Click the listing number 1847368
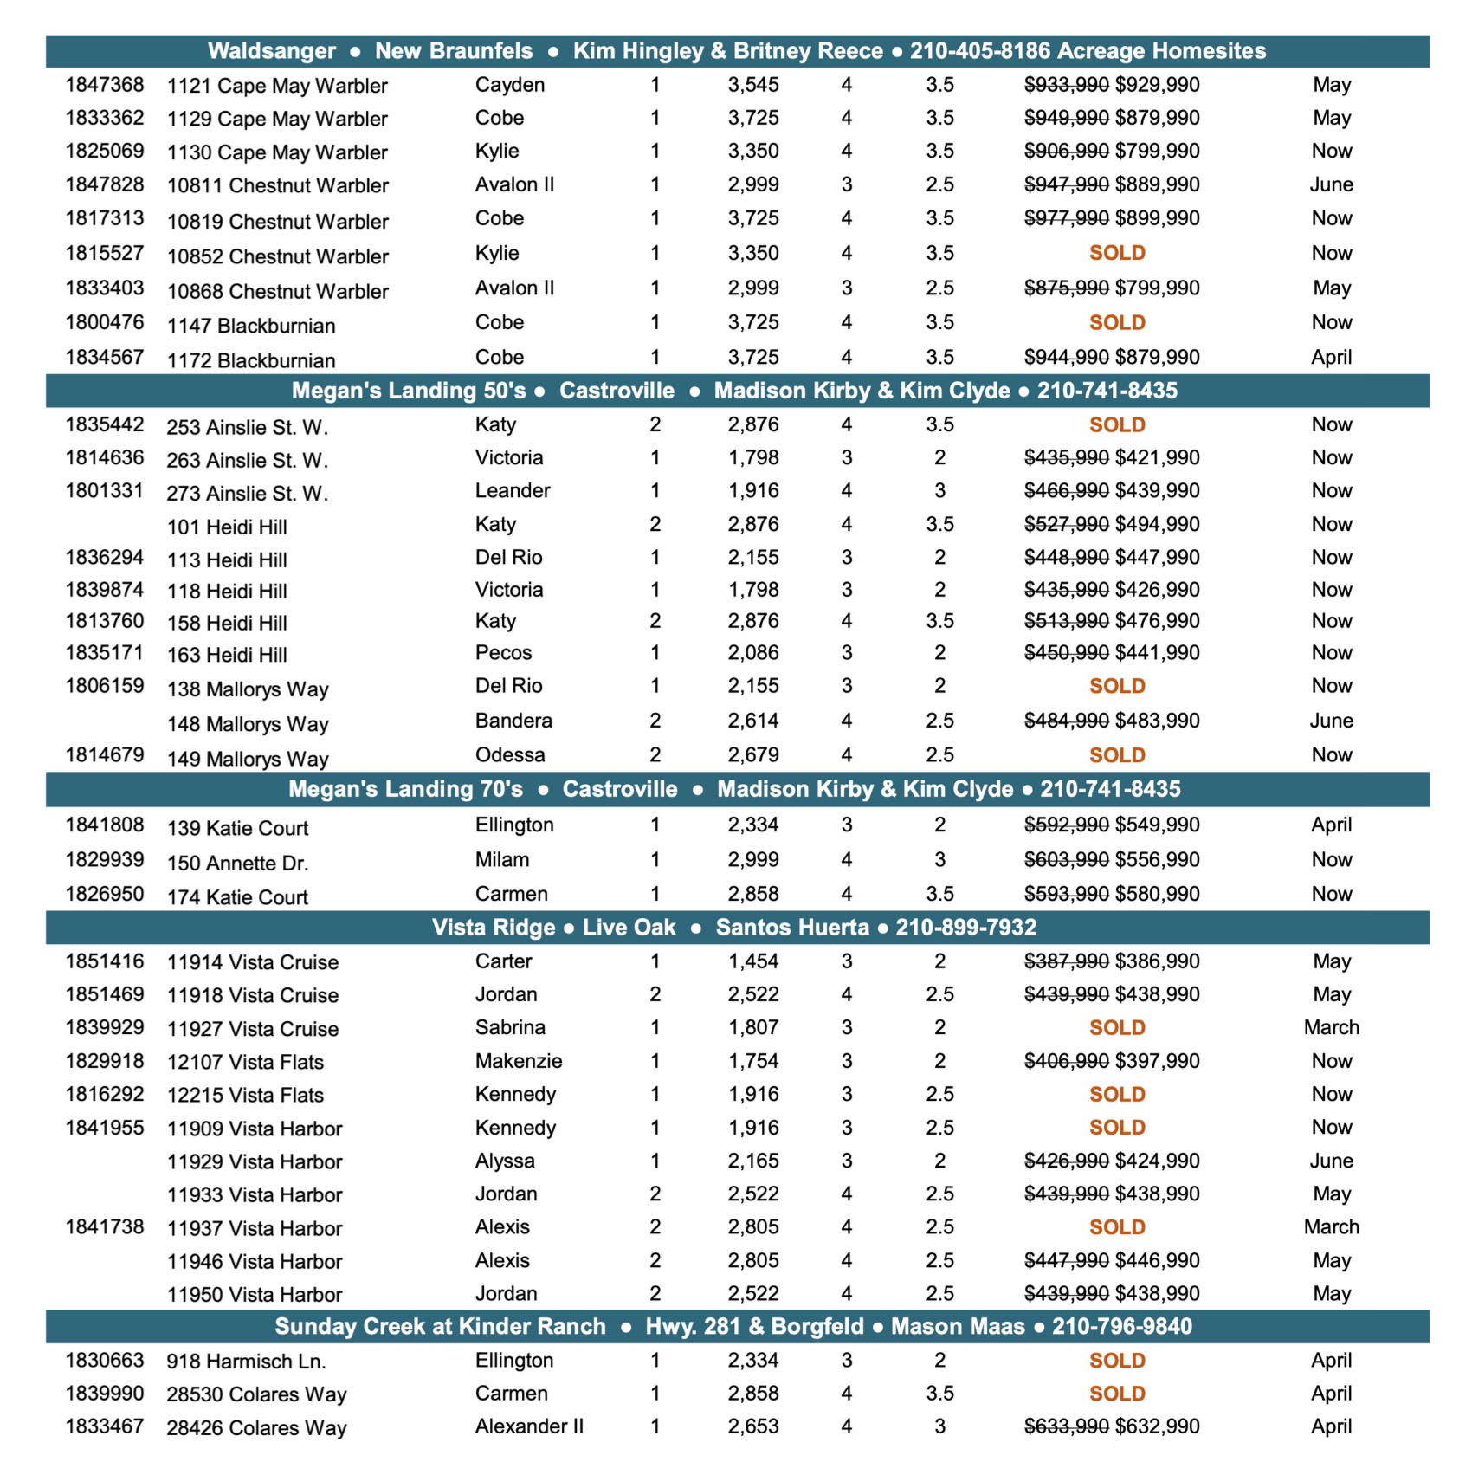pyautogui.click(x=105, y=85)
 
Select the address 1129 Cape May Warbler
pyautogui.click(x=277, y=119)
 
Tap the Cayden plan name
pyautogui.click(x=510, y=85)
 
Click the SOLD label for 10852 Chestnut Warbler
pyautogui.click(x=1117, y=253)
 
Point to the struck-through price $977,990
pyautogui.click(x=1066, y=218)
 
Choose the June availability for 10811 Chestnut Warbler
pyautogui.click(x=1331, y=184)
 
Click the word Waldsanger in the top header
pyautogui.click(x=271, y=51)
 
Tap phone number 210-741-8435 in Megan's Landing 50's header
pyautogui.click(x=1107, y=391)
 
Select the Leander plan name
pyautogui.click(x=513, y=491)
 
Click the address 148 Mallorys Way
pyautogui.click(x=248, y=724)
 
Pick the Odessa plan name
pyautogui.click(x=510, y=755)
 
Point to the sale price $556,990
pyautogui.click(x=1158, y=860)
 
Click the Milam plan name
pyautogui.click(x=502, y=860)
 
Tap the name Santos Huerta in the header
pyautogui.click(x=792, y=928)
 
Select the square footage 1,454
pyautogui.click(x=753, y=961)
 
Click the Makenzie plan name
pyautogui.click(x=519, y=1061)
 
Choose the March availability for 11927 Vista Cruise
pyautogui.click(x=1331, y=1028)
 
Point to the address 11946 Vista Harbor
pyautogui.click(x=255, y=1262)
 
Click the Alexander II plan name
pyautogui.click(x=529, y=1426)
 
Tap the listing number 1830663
pyautogui.click(x=105, y=1361)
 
